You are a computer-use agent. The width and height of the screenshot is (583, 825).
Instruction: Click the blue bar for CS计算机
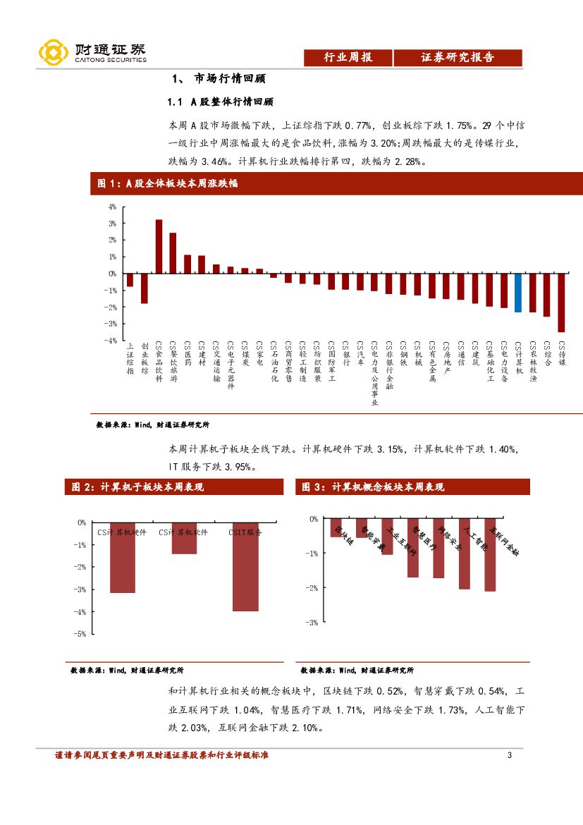pos(518,293)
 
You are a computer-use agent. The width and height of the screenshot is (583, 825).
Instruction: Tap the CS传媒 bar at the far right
pos(561,302)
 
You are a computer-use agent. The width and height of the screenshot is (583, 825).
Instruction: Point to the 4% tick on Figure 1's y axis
pos(111,207)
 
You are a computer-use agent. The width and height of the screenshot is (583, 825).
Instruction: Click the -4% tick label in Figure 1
pos(111,340)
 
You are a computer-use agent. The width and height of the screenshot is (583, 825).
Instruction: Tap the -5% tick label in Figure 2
pos(80,634)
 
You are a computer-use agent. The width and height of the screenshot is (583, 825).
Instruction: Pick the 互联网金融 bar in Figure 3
pos(490,555)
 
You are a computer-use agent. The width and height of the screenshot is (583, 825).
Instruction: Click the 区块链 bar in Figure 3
pos(336,528)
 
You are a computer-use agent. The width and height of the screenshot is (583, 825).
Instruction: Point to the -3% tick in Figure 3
pos(311,623)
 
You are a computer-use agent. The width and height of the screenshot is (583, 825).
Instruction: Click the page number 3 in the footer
pos(509,756)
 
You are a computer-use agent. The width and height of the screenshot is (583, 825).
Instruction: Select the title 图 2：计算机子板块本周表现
pos(135,487)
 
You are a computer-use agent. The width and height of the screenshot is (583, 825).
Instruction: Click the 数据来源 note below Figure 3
pos(357,670)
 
